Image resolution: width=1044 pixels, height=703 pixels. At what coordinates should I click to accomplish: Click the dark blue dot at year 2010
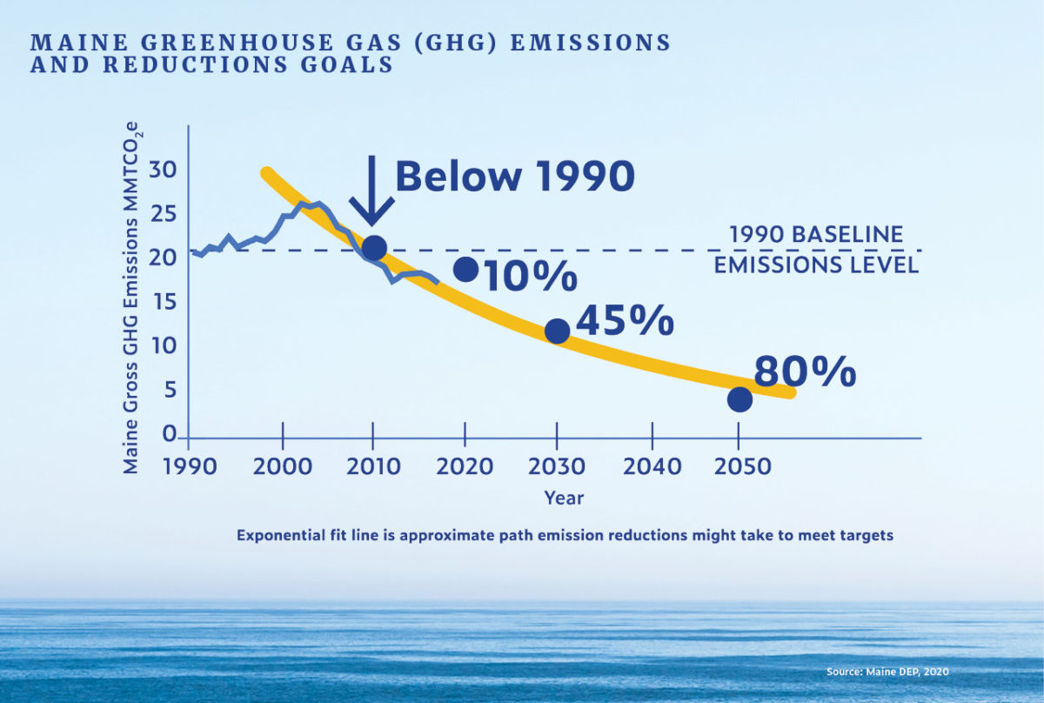tap(373, 248)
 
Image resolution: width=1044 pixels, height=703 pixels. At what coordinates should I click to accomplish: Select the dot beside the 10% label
tap(465, 269)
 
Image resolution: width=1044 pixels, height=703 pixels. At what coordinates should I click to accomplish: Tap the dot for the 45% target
tap(557, 331)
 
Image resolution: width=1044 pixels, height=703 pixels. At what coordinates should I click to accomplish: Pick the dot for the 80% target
tap(739, 399)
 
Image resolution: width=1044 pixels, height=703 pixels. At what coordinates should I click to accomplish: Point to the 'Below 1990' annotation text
tap(515, 177)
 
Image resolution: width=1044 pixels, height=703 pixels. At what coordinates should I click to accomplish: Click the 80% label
tap(805, 371)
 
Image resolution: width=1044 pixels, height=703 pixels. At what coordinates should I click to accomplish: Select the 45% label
tap(625, 320)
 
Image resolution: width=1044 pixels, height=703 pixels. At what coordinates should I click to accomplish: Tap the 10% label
tap(530, 277)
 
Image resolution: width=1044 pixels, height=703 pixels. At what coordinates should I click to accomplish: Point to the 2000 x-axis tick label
tap(282, 467)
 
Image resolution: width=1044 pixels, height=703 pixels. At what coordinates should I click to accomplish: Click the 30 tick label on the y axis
tap(162, 170)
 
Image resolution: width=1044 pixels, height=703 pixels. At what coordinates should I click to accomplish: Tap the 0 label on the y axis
tap(171, 435)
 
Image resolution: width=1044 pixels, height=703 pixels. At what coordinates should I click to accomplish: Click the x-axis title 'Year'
tap(564, 499)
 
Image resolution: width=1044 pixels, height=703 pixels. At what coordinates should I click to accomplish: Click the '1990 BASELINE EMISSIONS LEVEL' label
tap(816, 250)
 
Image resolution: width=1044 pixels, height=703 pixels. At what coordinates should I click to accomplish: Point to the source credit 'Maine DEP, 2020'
tap(887, 672)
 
